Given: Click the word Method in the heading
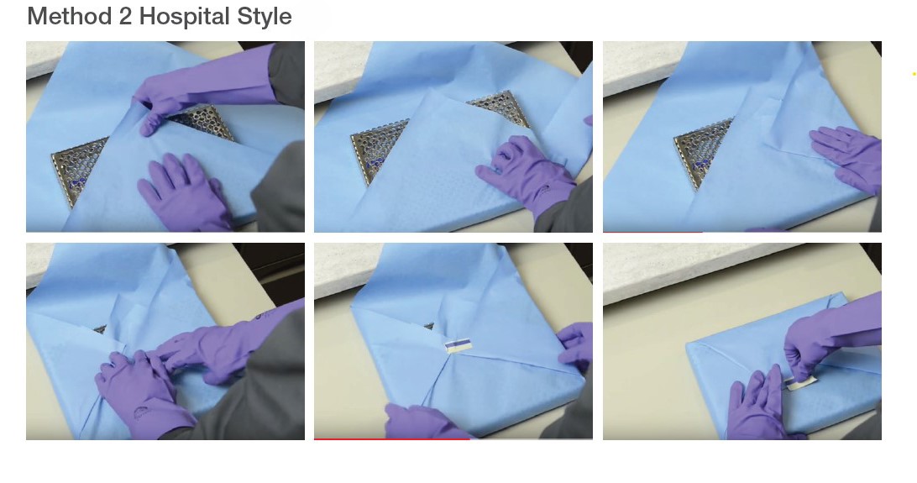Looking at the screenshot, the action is pos(70,16).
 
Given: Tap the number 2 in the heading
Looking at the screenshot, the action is pos(125,16).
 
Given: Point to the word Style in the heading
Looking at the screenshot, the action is pos(265,16).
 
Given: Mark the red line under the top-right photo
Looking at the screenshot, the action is pos(652,232).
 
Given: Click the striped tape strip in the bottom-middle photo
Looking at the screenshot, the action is pos(458,346).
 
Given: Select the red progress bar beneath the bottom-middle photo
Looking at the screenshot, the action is pos(392,438).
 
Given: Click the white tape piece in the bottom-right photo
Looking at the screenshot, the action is pos(803,383).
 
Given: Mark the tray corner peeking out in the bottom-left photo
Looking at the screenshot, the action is pos(100,329).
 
